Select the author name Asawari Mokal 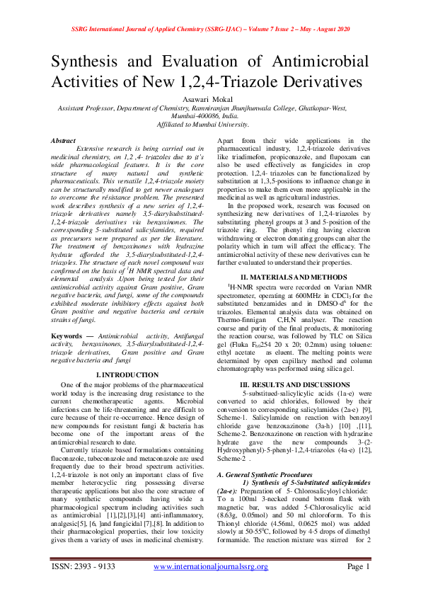tap(210, 101)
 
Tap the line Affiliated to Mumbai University tap(210, 123)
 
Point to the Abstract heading tap(64, 141)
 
